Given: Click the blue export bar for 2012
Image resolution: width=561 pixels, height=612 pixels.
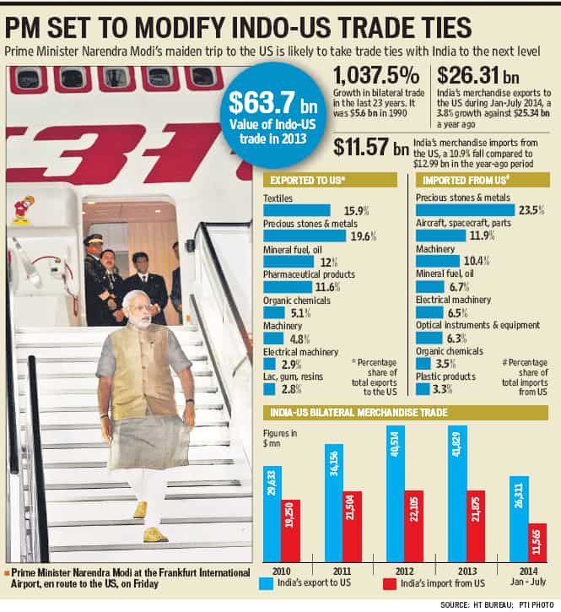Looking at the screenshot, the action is (395, 494).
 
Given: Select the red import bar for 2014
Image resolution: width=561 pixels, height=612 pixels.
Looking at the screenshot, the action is (537, 543).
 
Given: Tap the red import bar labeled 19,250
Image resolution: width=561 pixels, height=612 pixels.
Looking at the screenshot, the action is (291, 531).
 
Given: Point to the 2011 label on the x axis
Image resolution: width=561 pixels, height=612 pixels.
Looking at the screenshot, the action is (342, 571).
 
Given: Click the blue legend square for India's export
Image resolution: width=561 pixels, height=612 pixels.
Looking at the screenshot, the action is (266, 584).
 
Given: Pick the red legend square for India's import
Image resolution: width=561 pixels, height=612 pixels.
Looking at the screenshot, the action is (390, 584).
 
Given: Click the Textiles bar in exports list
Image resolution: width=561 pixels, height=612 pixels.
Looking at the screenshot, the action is (297, 210).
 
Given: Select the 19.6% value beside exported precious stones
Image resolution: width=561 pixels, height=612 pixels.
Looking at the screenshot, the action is (364, 236).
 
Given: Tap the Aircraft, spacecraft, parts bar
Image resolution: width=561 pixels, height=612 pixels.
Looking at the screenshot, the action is (440, 236).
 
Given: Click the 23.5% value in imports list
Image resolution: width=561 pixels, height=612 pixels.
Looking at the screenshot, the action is (531, 210).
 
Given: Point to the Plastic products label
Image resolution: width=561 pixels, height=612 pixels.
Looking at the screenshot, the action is (445, 376).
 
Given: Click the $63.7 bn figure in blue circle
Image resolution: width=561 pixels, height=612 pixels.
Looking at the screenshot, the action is (272, 103).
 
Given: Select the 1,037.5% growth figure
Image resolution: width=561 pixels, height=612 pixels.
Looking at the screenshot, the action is (376, 75).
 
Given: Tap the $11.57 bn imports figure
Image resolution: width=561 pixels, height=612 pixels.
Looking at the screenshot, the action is (370, 147).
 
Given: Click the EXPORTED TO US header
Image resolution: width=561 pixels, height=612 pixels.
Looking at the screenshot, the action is (308, 181).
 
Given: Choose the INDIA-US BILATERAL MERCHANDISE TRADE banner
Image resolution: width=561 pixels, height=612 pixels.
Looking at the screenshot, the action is (359, 413).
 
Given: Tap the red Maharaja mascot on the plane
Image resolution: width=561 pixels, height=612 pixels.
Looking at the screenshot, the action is (24, 210).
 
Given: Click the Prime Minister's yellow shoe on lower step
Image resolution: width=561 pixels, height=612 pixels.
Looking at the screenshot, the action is (155, 534).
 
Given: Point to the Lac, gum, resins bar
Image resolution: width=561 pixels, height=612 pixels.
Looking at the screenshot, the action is (269, 389).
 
